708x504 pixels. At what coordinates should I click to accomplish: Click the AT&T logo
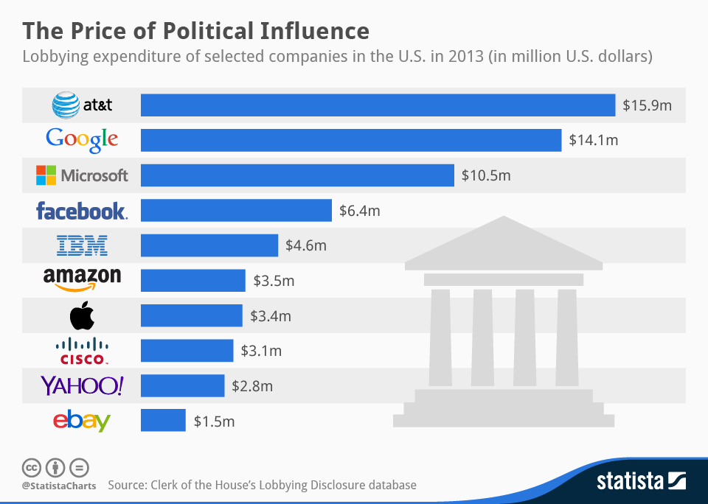(x=82, y=105)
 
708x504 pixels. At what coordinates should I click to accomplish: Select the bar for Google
(x=351, y=140)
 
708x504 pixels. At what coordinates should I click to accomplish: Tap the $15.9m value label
(x=647, y=105)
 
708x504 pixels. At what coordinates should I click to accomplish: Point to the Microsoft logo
(x=82, y=175)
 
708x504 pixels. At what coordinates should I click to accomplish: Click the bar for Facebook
(x=236, y=211)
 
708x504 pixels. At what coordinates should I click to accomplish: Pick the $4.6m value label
(x=306, y=245)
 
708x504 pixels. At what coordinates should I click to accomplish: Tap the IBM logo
(x=82, y=245)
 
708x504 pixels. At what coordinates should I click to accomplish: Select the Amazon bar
(x=192, y=281)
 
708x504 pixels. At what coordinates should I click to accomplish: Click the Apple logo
(x=82, y=316)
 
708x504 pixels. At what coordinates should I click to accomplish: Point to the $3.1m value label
(x=261, y=351)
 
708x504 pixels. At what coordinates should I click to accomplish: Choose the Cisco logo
(x=82, y=351)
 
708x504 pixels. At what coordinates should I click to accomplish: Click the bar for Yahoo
(x=182, y=386)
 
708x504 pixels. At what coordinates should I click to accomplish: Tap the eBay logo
(x=82, y=421)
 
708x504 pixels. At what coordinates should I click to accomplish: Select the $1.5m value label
(x=214, y=421)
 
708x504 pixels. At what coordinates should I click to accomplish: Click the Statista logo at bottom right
(x=640, y=482)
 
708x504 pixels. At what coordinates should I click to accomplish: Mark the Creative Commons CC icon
(x=32, y=468)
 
